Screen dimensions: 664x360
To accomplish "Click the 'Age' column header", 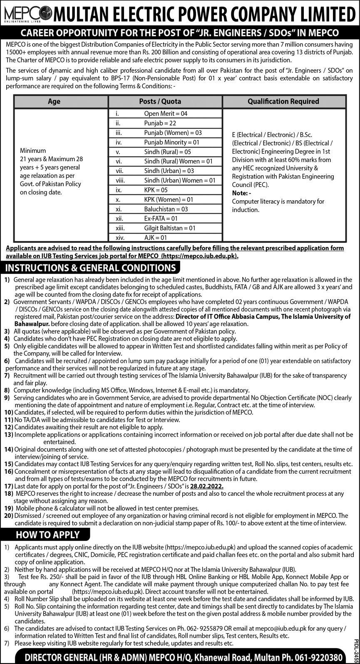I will (54, 101).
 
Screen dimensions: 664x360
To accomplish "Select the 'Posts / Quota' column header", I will (166, 101).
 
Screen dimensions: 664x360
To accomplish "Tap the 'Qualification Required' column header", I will (283, 101).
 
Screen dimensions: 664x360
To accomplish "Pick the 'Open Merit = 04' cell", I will (166, 113).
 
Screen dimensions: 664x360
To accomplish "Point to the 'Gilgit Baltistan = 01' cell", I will (169, 228).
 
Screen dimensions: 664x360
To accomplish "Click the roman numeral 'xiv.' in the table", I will (120, 238).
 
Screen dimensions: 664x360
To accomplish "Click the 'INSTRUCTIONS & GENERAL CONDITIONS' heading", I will (89, 268).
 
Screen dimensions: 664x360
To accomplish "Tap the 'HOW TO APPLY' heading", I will (47, 535).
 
